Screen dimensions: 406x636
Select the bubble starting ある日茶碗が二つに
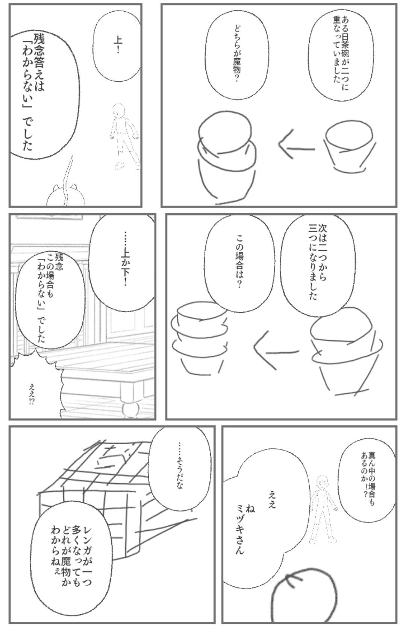coord(341,53)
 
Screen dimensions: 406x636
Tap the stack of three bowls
coord(200,338)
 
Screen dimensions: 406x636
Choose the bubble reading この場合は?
coord(240,263)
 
